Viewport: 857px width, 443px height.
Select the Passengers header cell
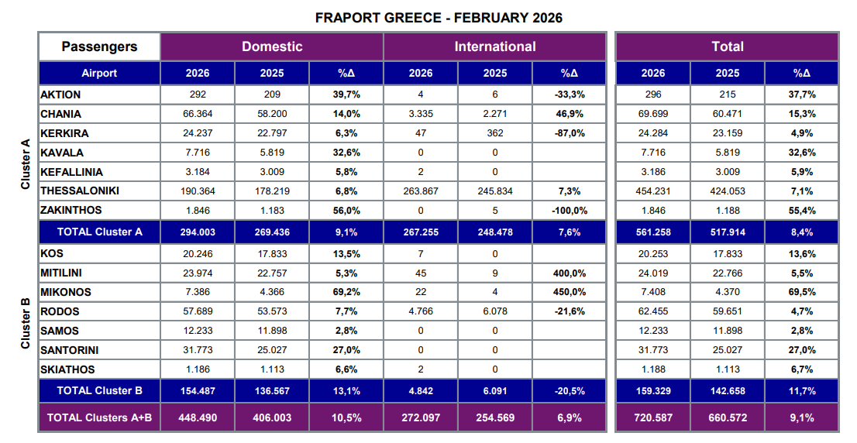pos(99,46)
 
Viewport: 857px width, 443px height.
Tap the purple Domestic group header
pos(272,46)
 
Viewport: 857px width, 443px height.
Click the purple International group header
pos(495,46)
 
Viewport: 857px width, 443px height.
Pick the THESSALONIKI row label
pos(80,191)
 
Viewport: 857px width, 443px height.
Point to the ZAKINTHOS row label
pos(71,210)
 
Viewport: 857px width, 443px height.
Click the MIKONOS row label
pos(66,292)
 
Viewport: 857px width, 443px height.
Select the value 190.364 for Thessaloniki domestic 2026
pos(198,191)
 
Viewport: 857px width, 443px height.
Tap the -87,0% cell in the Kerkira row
pos(570,132)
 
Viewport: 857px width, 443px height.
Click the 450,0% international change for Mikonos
pos(570,292)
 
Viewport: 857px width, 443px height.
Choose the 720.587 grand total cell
pos(653,417)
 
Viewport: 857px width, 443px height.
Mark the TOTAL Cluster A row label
pos(99,232)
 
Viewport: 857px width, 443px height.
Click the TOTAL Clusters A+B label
pos(99,417)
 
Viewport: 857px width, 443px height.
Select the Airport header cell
pos(99,73)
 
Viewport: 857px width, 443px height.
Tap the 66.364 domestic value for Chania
pos(198,113)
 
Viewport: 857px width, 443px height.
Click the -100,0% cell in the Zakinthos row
pos(570,210)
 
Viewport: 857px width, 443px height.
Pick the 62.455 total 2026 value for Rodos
pos(653,311)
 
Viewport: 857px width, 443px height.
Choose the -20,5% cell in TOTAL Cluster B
pos(570,390)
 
